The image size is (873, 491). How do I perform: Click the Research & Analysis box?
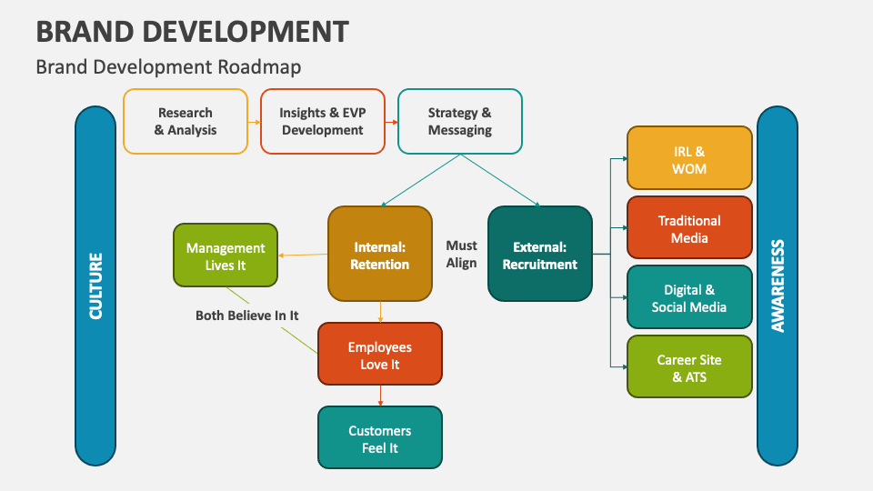pyautogui.click(x=186, y=121)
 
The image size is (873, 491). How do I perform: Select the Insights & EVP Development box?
pyautogui.click(x=322, y=121)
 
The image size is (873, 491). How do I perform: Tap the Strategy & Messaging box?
pyautogui.click(x=459, y=121)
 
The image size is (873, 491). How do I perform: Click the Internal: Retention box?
pyautogui.click(x=380, y=255)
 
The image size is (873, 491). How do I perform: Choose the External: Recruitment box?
pyautogui.click(x=540, y=255)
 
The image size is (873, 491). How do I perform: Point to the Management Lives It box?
pyautogui.click(x=226, y=256)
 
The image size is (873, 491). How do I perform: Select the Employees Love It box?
pyautogui.click(x=379, y=355)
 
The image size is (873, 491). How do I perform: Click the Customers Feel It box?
pyautogui.click(x=379, y=438)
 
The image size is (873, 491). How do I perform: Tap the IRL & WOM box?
pyautogui.click(x=689, y=160)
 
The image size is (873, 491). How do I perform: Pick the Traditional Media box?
pyautogui.click(x=689, y=229)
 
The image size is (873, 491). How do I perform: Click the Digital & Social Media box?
pyautogui.click(x=689, y=297)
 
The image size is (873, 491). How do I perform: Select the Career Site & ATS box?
pyautogui.click(x=689, y=367)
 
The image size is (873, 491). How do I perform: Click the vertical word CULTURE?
pyautogui.click(x=95, y=286)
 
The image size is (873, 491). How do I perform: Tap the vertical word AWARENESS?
pyautogui.click(x=778, y=286)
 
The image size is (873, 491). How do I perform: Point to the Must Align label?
pyautogui.click(x=461, y=255)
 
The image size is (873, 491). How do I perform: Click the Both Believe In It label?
pyautogui.click(x=247, y=316)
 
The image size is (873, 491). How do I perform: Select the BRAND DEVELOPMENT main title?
pyautogui.click(x=192, y=32)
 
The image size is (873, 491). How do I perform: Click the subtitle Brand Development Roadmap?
pyautogui.click(x=168, y=67)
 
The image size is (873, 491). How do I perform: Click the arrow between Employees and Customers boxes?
pyautogui.click(x=380, y=396)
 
